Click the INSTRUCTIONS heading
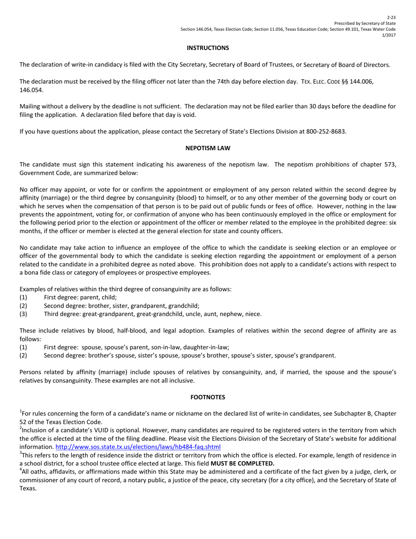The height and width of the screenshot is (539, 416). click(208, 47)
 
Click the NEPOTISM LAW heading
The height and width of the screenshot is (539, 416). click(208, 148)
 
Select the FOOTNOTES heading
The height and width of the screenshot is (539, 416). click(208, 397)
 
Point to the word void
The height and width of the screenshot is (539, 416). click(189, 115)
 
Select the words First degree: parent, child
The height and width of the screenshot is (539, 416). click(74, 297)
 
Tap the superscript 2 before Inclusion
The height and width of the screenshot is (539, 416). click(21, 428)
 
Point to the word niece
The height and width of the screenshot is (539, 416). click(253, 314)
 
